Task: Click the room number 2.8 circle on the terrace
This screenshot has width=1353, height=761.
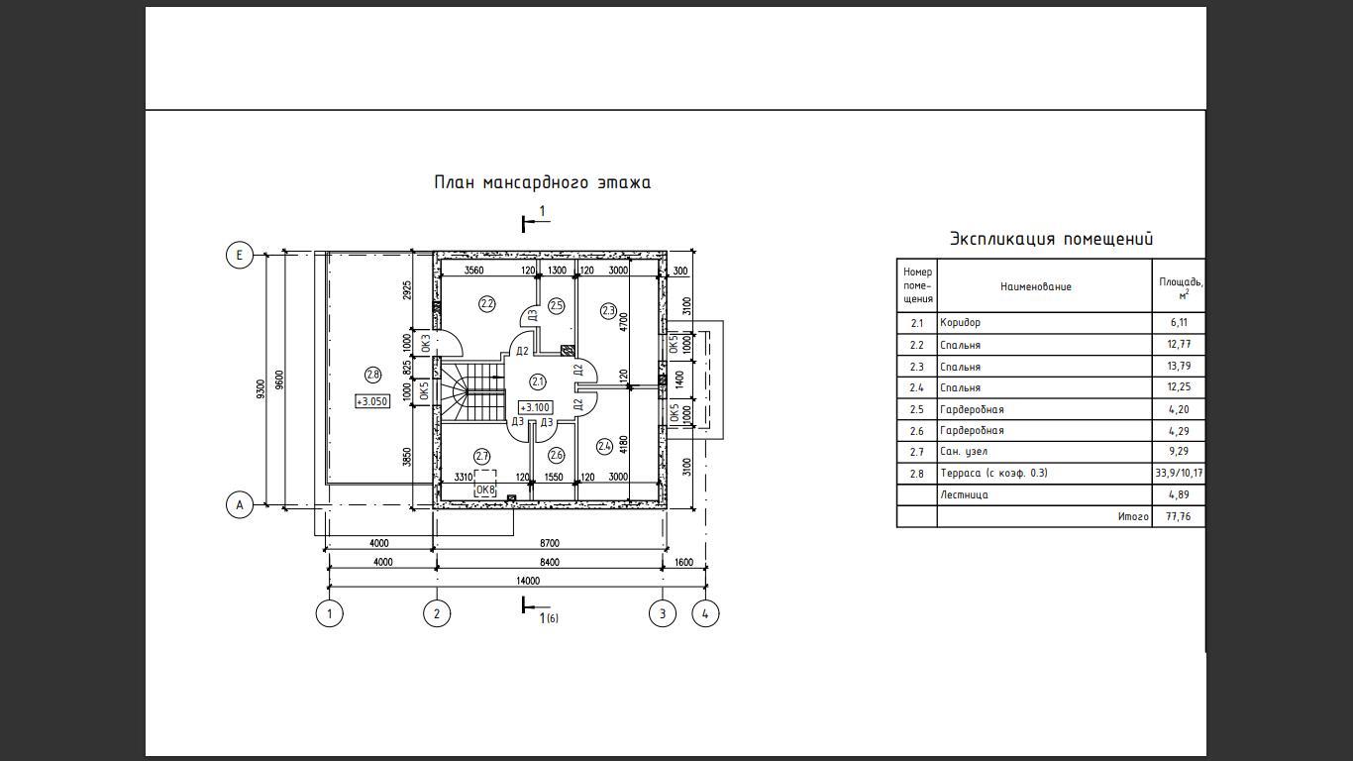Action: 373,375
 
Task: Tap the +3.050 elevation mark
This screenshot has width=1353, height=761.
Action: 372,401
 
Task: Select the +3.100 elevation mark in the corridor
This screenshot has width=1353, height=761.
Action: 535,408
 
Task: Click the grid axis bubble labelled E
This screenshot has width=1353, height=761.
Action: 239,255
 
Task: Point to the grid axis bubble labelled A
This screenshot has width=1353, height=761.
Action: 239,504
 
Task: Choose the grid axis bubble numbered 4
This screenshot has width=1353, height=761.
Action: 705,614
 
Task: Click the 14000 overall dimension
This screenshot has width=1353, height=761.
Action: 528,581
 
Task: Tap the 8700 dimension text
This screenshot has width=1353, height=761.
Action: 550,543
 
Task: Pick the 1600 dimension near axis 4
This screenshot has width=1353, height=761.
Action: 683,562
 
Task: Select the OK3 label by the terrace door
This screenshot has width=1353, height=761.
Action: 426,343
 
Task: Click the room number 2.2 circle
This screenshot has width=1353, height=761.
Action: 487,304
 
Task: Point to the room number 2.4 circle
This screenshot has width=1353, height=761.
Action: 604,447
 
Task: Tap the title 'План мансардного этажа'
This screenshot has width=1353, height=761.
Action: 543,182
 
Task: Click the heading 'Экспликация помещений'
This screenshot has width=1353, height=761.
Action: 1052,239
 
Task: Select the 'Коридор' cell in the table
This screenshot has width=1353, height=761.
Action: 961,323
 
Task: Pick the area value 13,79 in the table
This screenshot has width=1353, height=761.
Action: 1179,366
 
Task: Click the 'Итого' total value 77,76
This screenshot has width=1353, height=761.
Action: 1179,517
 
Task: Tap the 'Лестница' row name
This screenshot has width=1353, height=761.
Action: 964,495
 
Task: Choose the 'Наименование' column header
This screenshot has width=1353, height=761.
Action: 1036,286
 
